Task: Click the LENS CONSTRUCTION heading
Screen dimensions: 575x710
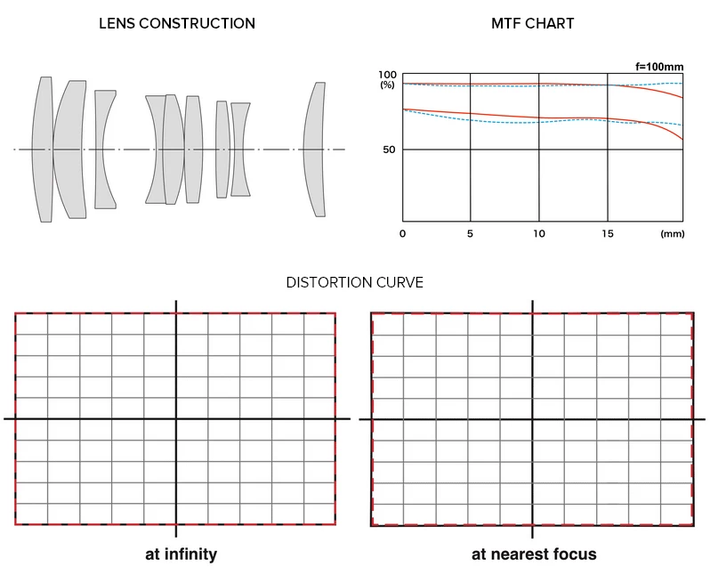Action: [x=177, y=23]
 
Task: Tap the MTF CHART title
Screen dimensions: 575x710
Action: [x=532, y=23]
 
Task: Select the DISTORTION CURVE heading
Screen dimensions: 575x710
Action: [x=354, y=282]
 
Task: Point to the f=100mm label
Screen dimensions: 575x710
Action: [x=659, y=66]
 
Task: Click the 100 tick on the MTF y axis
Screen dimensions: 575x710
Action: [x=387, y=75]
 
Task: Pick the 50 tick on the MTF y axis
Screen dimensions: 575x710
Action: [x=389, y=150]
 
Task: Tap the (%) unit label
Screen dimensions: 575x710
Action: [x=387, y=85]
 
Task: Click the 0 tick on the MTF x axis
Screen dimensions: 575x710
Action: [x=403, y=233]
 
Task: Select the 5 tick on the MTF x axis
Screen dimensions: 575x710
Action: [x=470, y=233]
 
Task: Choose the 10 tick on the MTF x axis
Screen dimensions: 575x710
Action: [x=538, y=233]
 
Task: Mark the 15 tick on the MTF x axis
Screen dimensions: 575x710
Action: [x=607, y=233]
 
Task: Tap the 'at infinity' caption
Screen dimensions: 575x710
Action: [x=181, y=554]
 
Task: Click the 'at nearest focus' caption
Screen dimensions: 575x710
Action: [x=534, y=554]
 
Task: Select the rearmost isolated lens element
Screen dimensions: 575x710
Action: [x=313, y=150]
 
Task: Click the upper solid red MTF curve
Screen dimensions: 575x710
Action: [x=534, y=85]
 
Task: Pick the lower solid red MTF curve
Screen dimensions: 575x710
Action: [x=534, y=117]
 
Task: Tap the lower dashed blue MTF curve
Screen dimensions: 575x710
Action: [x=534, y=122]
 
